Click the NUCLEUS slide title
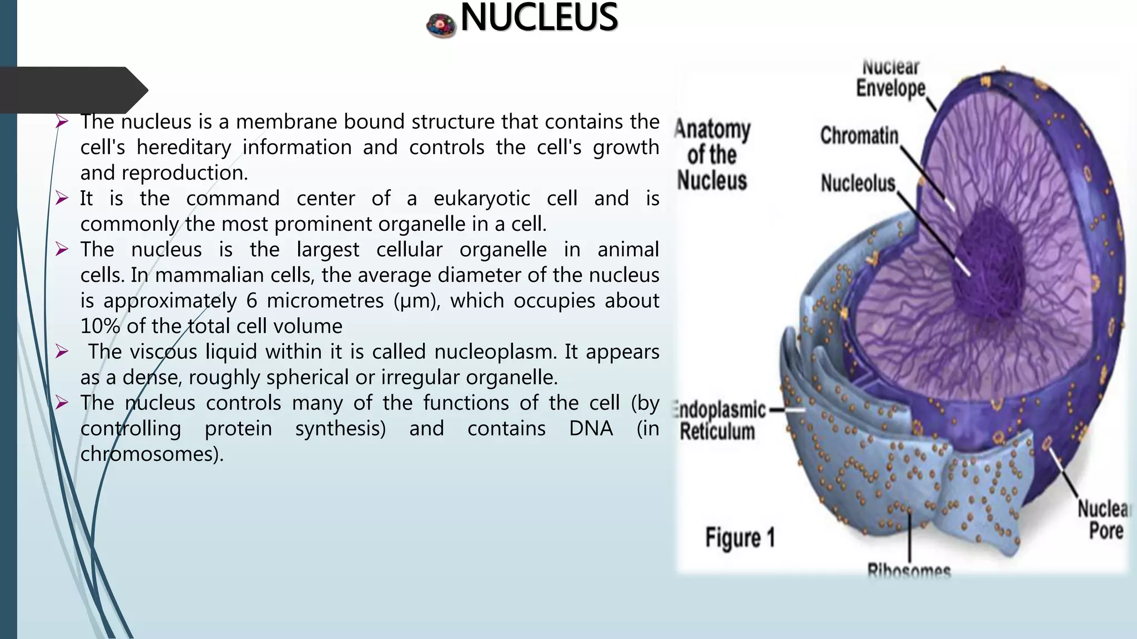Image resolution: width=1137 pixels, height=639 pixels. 539,18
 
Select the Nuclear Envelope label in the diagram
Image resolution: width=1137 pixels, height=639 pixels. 891,78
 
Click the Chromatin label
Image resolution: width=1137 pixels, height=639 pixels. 859,136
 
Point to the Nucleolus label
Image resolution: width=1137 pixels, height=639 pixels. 858,183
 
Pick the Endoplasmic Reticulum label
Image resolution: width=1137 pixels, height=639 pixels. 719,421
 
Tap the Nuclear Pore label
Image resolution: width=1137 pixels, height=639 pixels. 1104,519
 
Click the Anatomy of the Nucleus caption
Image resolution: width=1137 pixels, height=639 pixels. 712,155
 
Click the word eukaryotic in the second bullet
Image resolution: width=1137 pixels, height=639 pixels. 481,199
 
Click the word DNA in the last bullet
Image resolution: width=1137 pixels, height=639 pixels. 591,428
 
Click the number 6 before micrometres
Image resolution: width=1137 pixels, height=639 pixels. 251,301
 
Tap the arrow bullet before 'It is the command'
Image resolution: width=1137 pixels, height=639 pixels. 62,198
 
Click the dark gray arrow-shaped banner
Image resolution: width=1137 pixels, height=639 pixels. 72,90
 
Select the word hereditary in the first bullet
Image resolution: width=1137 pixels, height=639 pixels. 183,148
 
